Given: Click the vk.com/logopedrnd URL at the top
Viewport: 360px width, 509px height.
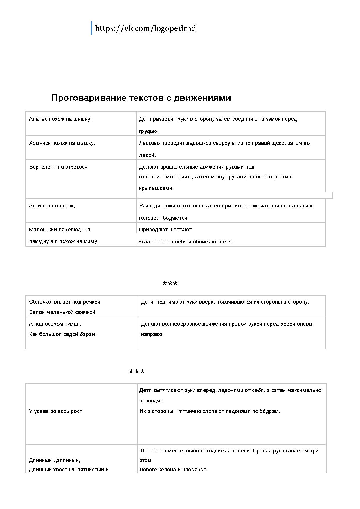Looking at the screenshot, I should (145, 28).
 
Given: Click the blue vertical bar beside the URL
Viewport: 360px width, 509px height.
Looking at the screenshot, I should (91, 28).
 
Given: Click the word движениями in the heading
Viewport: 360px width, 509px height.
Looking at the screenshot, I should (202, 98).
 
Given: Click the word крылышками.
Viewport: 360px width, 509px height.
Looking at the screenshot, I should (156, 188).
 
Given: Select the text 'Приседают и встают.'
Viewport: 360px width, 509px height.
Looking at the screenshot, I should (166, 230).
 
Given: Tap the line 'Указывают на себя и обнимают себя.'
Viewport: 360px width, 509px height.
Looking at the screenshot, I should (186, 241).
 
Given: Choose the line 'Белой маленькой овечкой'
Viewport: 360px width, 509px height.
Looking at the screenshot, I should (62, 312).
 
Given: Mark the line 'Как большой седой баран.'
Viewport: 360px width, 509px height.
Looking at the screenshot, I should (63, 334).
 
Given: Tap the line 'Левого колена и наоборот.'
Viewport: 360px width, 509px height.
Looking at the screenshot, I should (173, 470).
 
